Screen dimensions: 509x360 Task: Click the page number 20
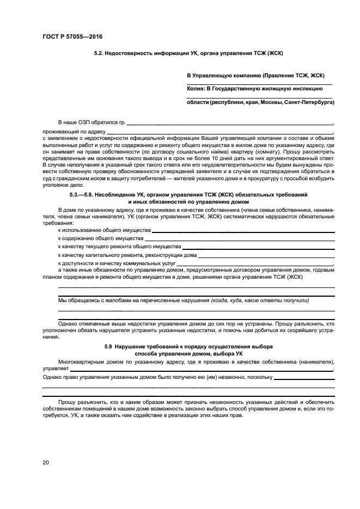click(x=46, y=463)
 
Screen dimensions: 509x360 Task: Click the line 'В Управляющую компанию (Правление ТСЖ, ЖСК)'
click(x=255, y=76)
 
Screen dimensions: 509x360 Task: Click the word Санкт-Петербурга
click(x=309, y=102)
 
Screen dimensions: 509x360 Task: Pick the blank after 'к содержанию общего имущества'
click(x=240, y=239)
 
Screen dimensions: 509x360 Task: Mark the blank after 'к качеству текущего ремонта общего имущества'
click(x=258, y=247)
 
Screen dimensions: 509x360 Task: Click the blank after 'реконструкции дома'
click(x=266, y=255)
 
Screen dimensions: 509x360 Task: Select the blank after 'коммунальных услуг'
click(x=240, y=262)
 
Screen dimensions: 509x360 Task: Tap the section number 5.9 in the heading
click(x=108, y=347)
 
